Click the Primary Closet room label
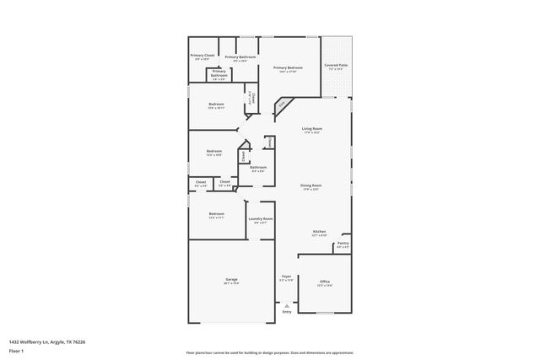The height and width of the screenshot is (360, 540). tap(204, 56)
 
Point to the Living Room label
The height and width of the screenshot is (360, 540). tap(312, 129)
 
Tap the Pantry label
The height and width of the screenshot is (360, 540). tap(343, 244)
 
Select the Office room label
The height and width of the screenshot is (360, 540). tap(325, 282)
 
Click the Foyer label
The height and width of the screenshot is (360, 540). tap(286, 277)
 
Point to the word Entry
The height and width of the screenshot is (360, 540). tap(287, 312)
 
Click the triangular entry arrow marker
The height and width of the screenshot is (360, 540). tap(287, 305)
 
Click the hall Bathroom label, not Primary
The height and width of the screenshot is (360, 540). tap(258, 167)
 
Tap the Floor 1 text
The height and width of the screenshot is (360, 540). tap(16, 350)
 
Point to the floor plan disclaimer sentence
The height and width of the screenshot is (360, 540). tap(270, 352)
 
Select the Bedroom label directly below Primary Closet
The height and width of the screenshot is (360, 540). tap(216, 105)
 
